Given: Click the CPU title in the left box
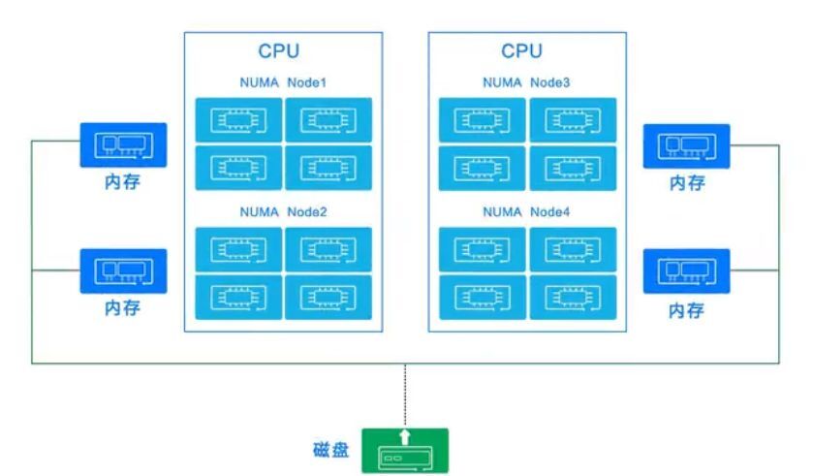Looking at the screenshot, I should tap(279, 51).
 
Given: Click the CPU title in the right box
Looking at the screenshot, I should tap(522, 51).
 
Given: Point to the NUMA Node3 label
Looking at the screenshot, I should tap(526, 83).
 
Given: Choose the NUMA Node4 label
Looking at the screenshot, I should tap(526, 211).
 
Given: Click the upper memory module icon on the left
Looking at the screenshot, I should tap(123, 145).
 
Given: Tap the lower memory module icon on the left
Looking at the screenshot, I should tap(123, 271).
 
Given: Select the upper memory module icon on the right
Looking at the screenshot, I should tap(687, 145).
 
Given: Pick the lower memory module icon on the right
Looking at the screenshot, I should tap(687, 271).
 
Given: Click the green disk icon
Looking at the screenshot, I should tap(405, 451).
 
